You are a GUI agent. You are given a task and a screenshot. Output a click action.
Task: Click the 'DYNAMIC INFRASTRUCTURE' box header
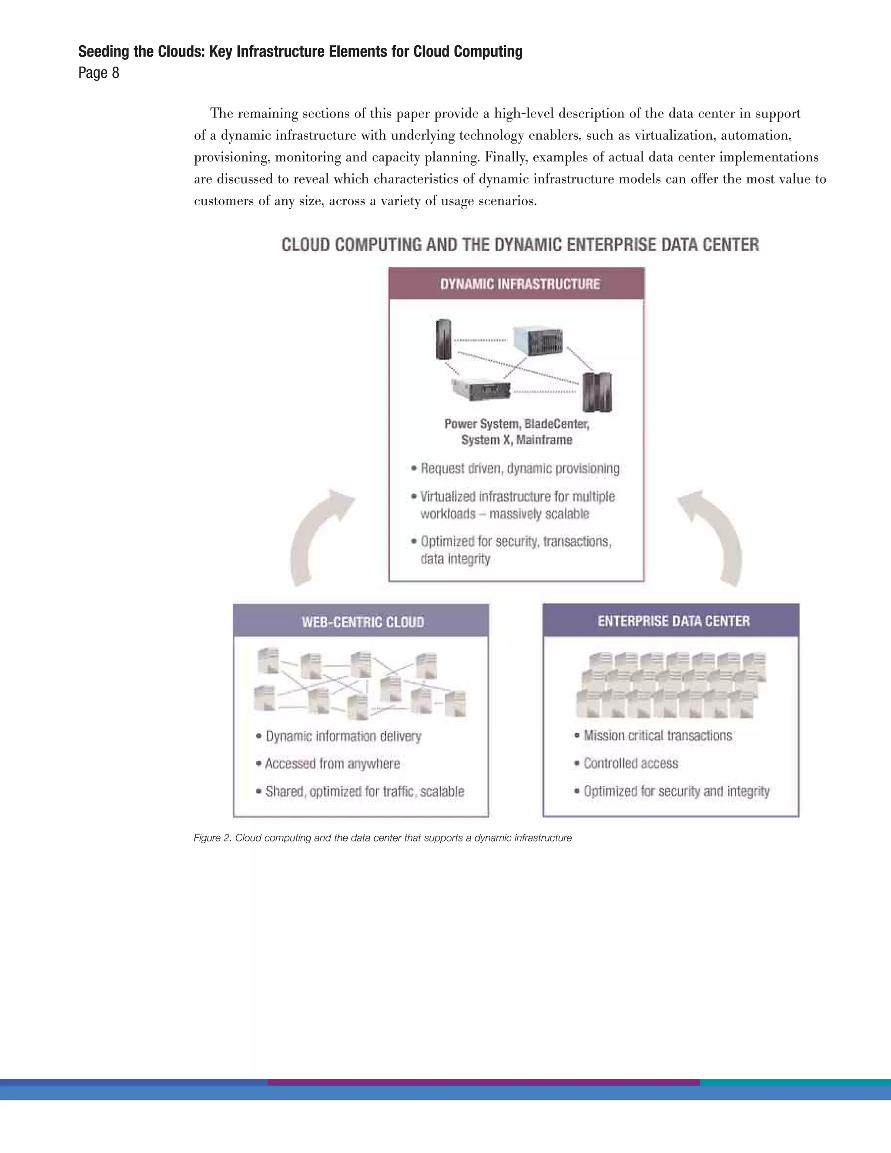coord(519,284)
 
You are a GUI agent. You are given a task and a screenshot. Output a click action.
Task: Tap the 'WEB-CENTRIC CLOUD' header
coord(363,621)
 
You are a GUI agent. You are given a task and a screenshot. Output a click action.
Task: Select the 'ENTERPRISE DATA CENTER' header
coord(673,620)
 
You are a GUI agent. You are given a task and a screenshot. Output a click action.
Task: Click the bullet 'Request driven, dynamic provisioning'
coord(519,469)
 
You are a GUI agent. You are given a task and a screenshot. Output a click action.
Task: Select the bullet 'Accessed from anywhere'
coord(332,764)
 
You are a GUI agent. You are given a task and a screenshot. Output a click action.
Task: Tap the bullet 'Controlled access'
coord(630,764)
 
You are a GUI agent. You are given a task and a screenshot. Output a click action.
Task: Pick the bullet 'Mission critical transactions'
coord(657,735)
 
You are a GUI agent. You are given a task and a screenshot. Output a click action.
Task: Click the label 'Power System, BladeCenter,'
coord(516,424)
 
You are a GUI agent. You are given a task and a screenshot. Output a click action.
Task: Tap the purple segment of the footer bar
coord(483,1082)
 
